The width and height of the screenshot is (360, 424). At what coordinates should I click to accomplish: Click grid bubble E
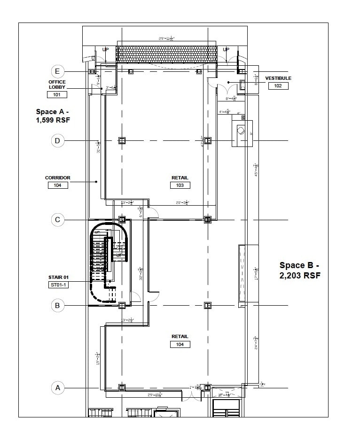[x=57, y=71]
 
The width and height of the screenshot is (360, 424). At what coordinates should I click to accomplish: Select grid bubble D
[x=57, y=140]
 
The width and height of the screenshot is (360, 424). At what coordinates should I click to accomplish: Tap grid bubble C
[x=57, y=219]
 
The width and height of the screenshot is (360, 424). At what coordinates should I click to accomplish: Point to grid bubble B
[x=57, y=306]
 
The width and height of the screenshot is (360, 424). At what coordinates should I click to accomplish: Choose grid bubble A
[x=57, y=388]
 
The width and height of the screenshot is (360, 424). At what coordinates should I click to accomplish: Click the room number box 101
[x=57, y=94]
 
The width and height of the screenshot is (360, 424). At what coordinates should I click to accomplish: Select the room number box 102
[x=278, y=86]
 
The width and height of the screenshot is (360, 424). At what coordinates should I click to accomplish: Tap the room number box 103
[x=180, y=185]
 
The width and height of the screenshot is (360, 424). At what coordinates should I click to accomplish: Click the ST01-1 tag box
[x=58, y=285]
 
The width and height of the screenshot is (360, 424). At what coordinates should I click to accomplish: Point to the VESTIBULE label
[x=278, y=78]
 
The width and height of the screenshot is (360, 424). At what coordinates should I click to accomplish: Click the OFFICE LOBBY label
[x=57, y=85]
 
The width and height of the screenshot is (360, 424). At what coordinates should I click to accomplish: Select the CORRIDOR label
[x=57, y=178]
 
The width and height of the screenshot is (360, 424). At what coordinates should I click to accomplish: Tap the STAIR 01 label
[x=58, y=278]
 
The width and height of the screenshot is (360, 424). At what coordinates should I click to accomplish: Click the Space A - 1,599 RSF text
[x=53, y=116]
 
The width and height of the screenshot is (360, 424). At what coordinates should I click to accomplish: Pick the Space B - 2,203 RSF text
[x=300, y=270]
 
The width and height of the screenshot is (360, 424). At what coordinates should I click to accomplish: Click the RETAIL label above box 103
[x=180, y=178]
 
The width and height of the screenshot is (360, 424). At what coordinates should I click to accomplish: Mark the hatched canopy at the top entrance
[x=166, y=54]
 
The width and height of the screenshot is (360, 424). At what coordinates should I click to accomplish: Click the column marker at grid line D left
[x=122, y=140]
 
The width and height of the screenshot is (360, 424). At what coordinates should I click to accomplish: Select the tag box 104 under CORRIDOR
[x=57, y=185]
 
